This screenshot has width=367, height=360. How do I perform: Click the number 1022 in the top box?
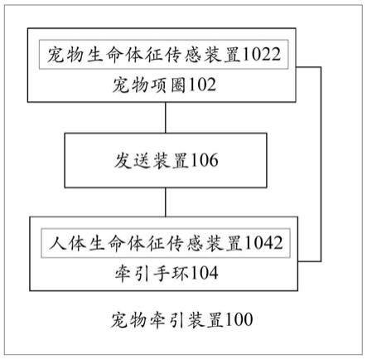click(x=261, y=54)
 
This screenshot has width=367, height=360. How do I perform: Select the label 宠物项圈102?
click(x=164, y=85)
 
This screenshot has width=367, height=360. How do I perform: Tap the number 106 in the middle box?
click(x=204, y=160)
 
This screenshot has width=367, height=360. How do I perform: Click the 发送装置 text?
click(x=152, y=160)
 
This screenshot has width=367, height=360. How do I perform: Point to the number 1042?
click(x=263, y=243)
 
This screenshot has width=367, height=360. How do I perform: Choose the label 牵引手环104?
click(x=167, y=273)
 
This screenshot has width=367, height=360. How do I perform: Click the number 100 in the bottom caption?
click(x=239, y=319)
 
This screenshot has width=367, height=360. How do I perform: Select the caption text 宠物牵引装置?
click(x=167, y=320)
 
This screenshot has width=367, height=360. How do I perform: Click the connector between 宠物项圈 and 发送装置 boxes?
click(x=166, y=118)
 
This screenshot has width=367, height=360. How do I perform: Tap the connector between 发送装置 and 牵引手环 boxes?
click(x=166, y=202)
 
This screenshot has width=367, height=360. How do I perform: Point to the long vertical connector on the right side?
click(x=321, y=164)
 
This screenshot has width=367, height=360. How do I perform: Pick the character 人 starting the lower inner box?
click(x=58, y=243)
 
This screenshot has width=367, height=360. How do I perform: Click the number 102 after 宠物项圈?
click(x=202, y=85)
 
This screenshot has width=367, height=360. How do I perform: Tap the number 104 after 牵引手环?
click(x=205, y=273)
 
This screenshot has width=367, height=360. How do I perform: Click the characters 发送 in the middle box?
click(x=133, y=160)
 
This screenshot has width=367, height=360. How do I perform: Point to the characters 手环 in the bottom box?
click(x=171, y=273)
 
